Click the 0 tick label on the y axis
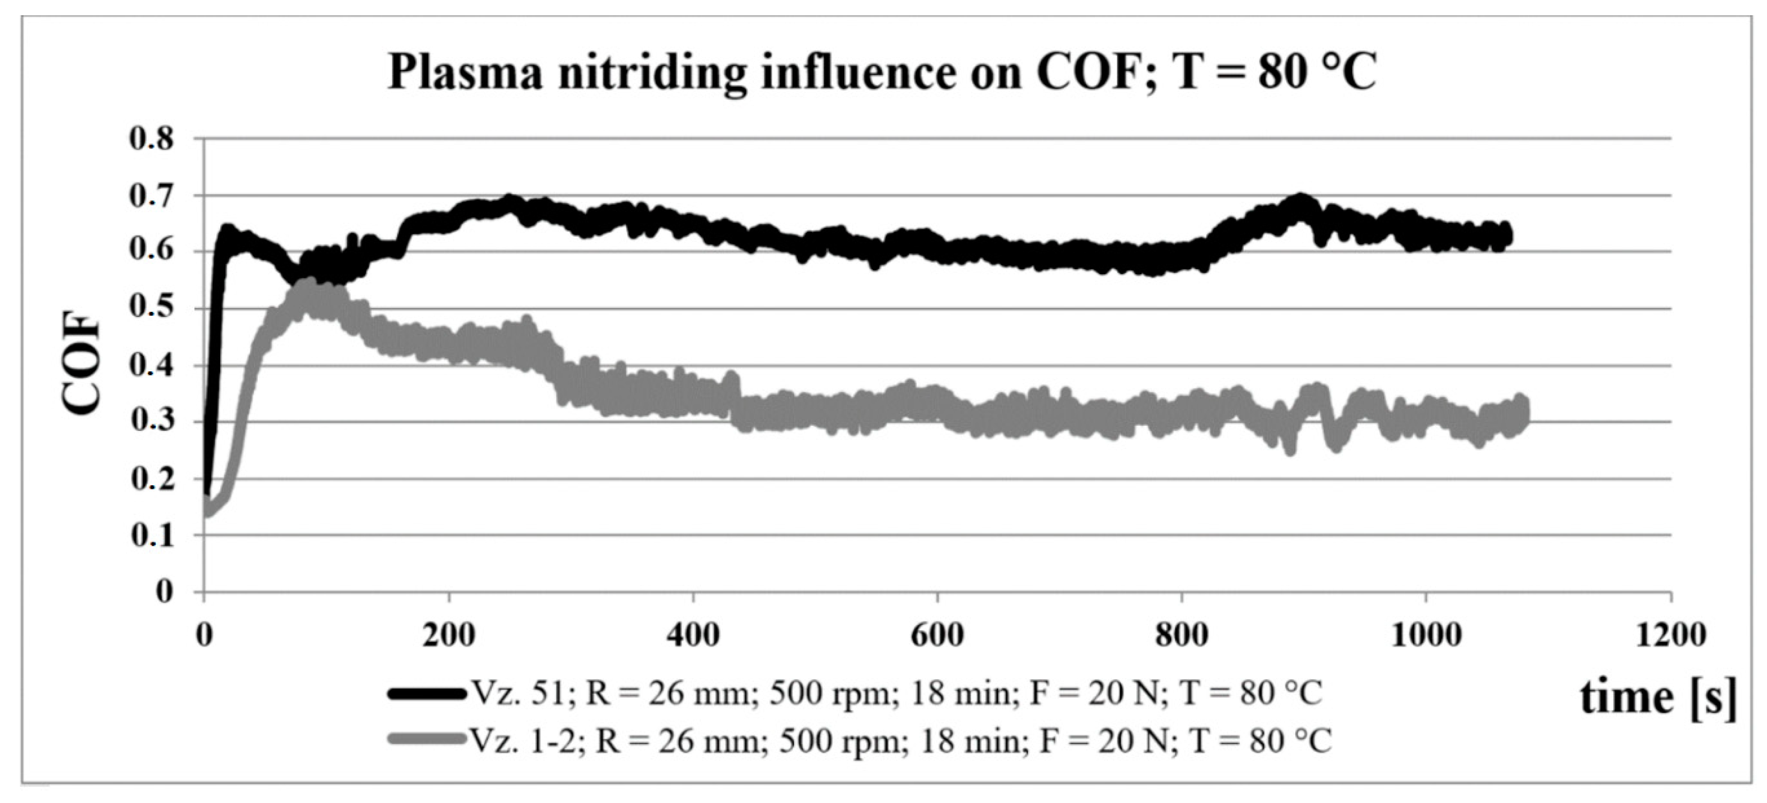165,591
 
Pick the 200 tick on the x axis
449,635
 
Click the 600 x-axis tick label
937,635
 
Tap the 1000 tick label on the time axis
1426,635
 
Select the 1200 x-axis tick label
1670,635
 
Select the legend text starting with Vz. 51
895,694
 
